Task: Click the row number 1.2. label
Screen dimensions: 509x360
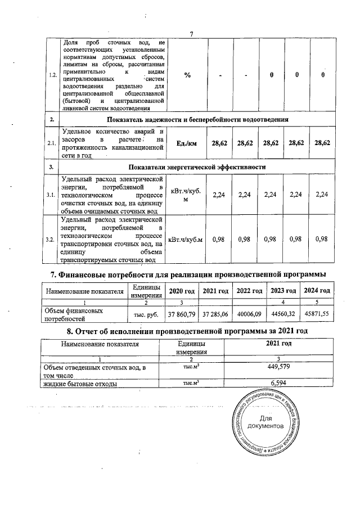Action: tap(52, 76)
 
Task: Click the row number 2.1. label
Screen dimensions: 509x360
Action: tap(52, 143)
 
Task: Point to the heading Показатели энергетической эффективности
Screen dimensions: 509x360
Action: tap(197, 167)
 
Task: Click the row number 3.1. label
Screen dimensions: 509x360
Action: tap(52, 195)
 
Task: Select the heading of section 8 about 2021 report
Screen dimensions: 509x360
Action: tap(187, 330)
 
